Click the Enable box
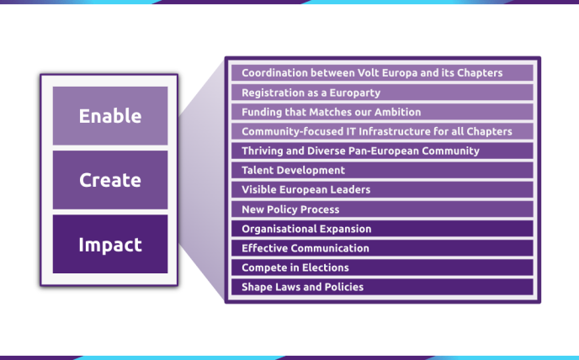pyautogui.click(x=110, y=115)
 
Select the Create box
pyautogui.click(x=110, y=180)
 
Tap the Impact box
pyautogui.click(x=110, y=244)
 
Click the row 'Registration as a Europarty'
pyautogui.click(x=382, y=93)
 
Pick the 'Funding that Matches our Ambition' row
pyautogui.click(x=382, y=112)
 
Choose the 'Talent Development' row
pyautogui.click(x=382, y=170)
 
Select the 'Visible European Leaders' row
pyautogui.click(x=382, y=189)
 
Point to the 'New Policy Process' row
pyautogui.click(x=382, y=209)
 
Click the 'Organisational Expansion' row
pyautogui.click(x=382, y=229)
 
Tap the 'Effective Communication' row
pyautogui.click(x=382, y=248)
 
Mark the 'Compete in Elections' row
pyautogui.click(x=382, y=267)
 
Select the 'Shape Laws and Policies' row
pyautogui.click(x=382, y=287)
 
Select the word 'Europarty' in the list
pyautogui.click(x=355, y=93)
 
